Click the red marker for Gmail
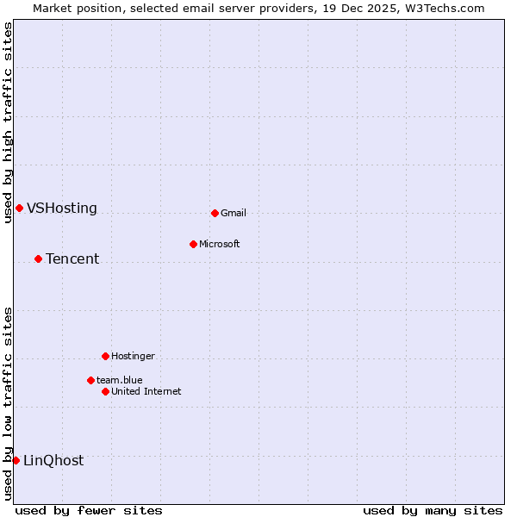[215, 213]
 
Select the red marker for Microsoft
[193, 244]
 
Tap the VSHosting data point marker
[19, 208]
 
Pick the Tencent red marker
[38, 258]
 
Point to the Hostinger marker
[105, 356]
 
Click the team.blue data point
[90, 380]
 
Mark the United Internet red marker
[105, 391]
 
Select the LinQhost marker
[16, 460]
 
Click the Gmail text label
[234, 214]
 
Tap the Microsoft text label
[220, 245]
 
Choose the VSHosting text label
[62, 209]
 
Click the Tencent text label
[72, 259]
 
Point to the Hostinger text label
[133, 357]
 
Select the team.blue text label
[120, 381]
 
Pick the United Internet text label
[146, 392]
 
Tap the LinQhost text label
[53, 461]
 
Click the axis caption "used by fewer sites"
[89, 511]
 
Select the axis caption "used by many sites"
[433, 511]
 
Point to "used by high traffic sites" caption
[9, 122]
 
